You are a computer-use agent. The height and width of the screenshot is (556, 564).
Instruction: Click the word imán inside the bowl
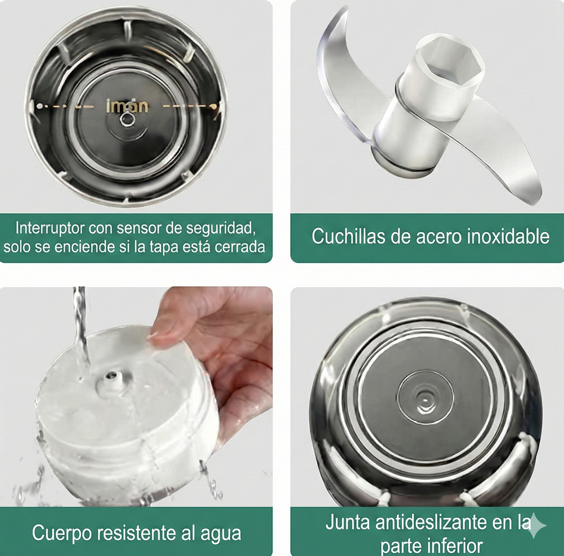coord(127,106)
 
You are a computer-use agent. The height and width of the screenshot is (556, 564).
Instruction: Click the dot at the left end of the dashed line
coord(39,106)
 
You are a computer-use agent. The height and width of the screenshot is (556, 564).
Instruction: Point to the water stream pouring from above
coord(80,324)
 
